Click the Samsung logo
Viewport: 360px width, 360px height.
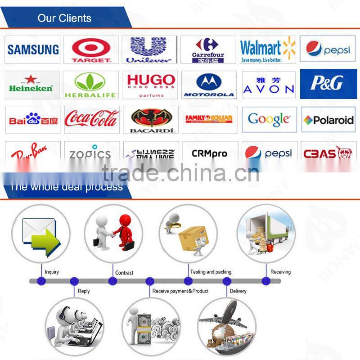coord(33,49)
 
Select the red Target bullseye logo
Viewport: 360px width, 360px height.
coord(91,49)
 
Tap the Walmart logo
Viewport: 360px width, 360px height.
coord(267,49)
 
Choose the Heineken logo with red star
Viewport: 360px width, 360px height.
coord(31,84)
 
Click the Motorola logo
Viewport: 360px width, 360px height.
coord(209,85)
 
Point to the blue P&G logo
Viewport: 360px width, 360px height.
coord(328,84)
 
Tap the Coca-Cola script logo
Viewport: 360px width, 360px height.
coord(91,119)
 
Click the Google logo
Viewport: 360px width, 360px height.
coord(269,119)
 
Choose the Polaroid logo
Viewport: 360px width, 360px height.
coord(328,120)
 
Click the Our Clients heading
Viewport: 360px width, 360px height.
coord(64,18)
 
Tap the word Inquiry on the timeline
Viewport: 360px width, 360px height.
coord(52,272)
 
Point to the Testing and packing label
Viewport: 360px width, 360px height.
coord(211,272)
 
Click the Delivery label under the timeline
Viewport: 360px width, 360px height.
coord(238,291)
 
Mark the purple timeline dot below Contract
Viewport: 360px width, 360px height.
coord(112,281)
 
